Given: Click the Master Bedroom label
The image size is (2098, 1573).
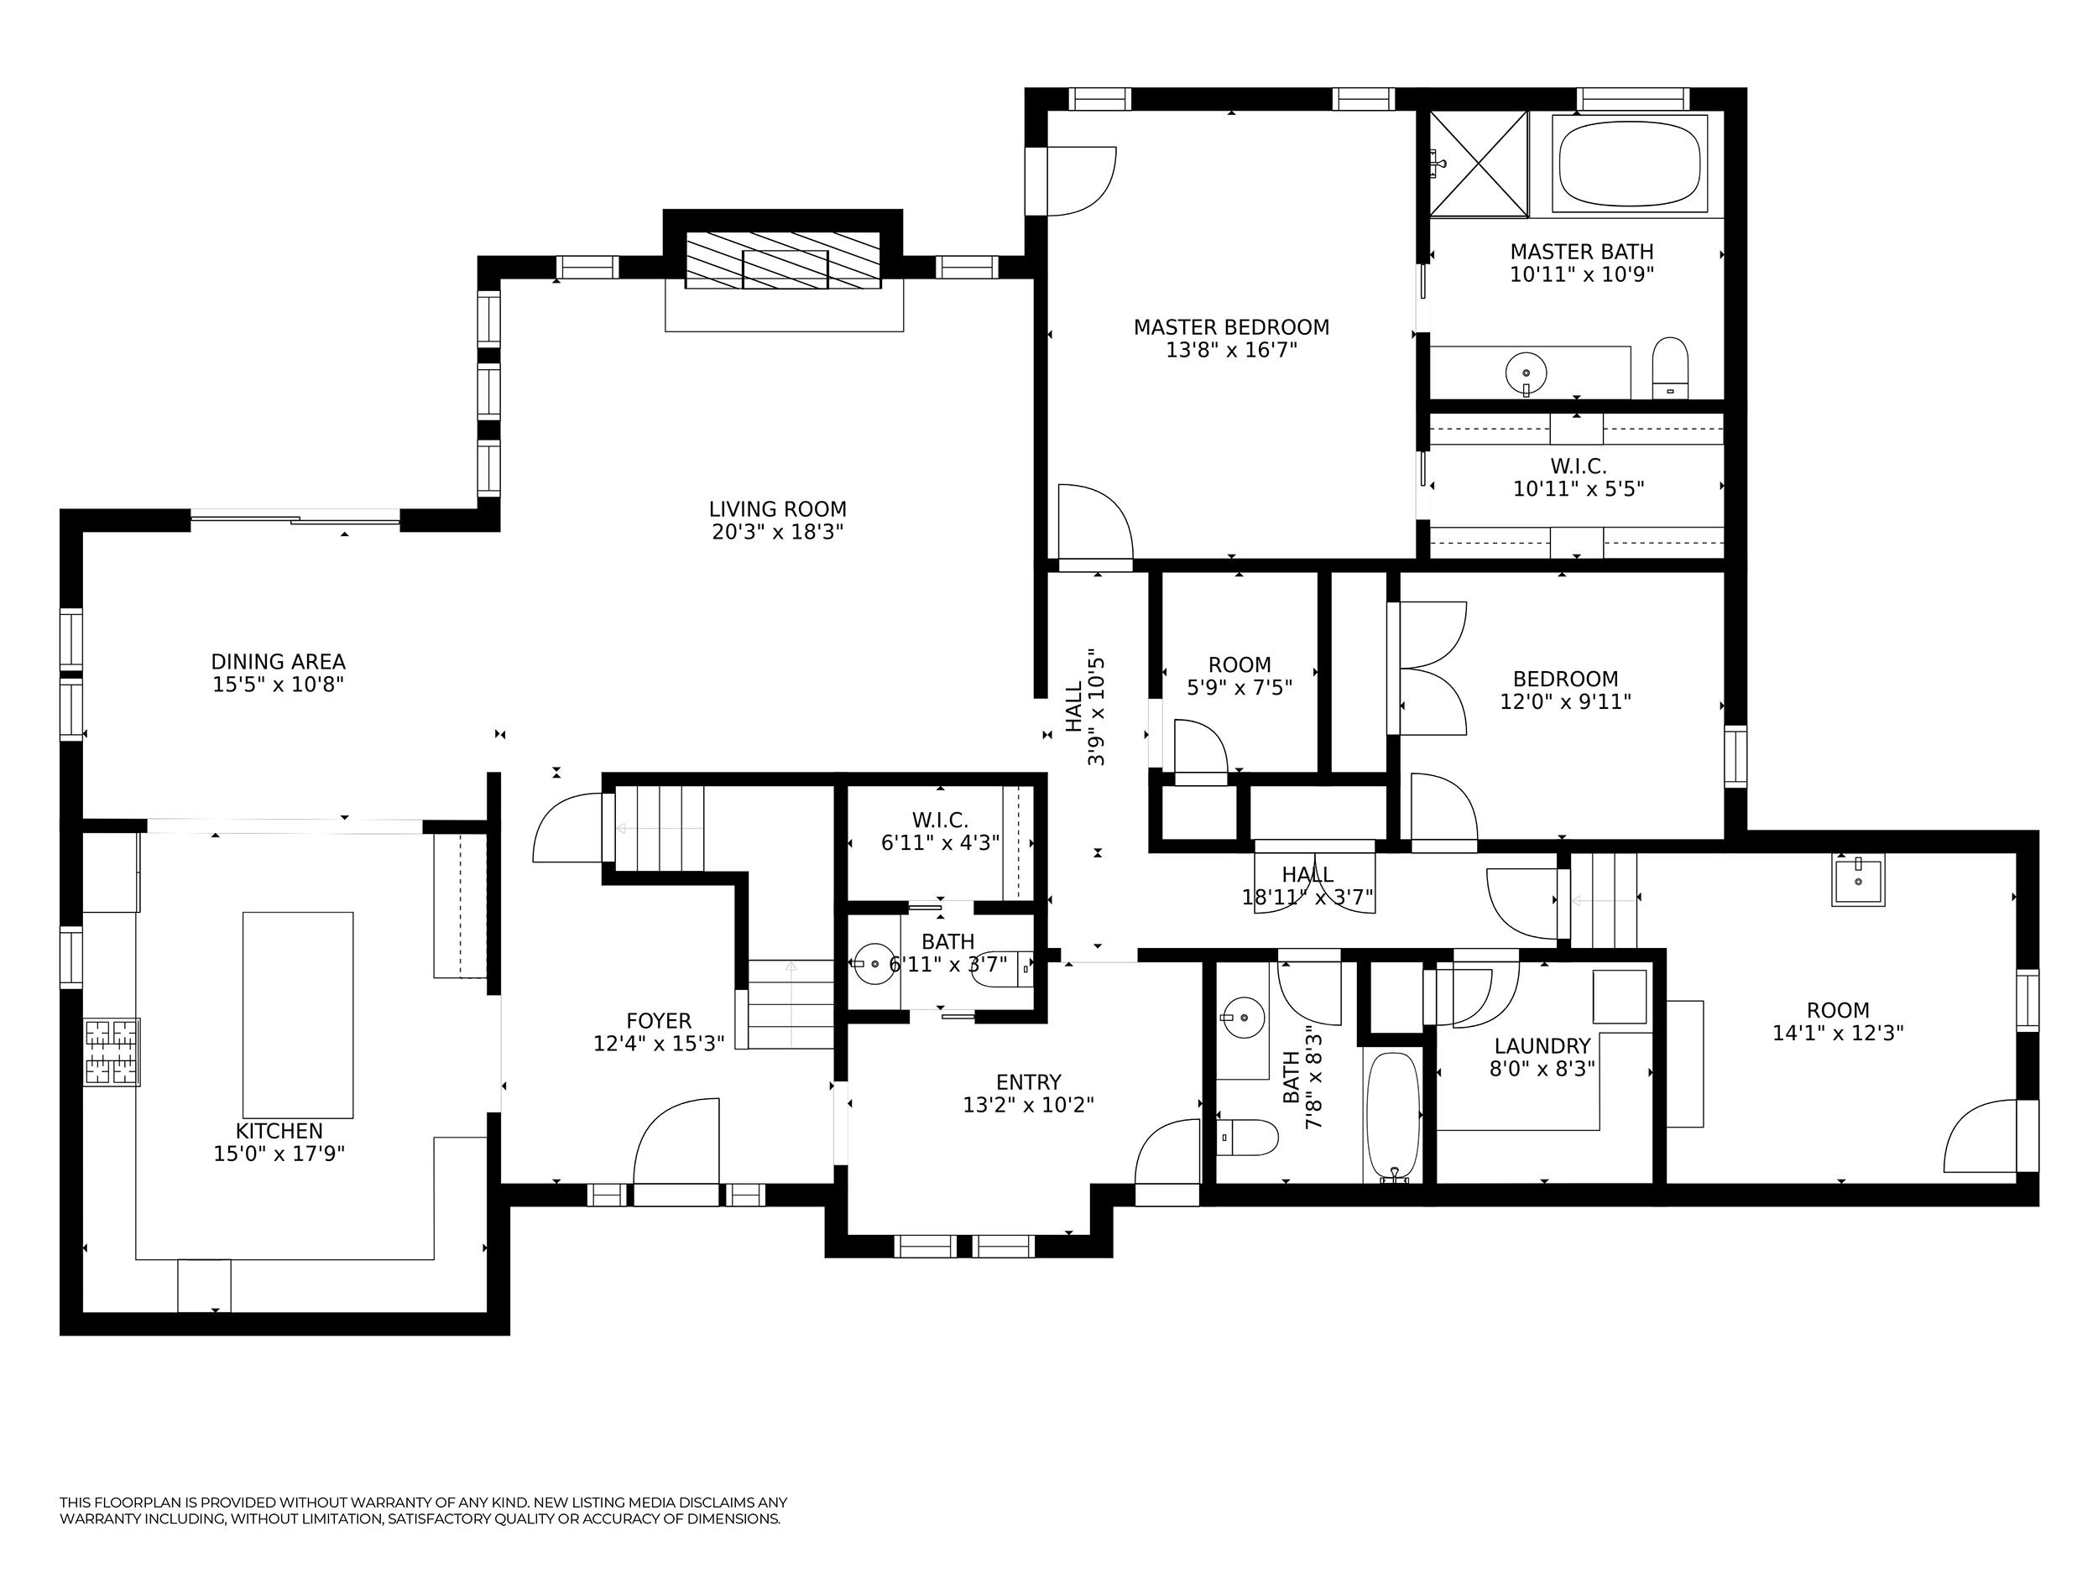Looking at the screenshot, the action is tap(1231, 327).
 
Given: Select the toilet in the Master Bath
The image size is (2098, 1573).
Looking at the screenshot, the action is tap(1670, 368).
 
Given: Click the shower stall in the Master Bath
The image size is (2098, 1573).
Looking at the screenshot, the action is tap(1479, 162).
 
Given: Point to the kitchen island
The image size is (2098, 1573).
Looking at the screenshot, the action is tap(298, 1014).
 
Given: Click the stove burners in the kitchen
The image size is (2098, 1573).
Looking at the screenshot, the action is tap(112, 1051).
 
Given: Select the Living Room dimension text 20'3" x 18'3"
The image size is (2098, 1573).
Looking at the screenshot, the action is tap(778, 532).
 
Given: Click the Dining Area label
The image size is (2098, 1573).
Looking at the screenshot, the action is tap(278, 662).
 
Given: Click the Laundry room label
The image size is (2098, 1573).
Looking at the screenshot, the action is tap(1542, 1046).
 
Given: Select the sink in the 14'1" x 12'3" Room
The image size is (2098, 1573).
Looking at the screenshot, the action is tap(1857, 880).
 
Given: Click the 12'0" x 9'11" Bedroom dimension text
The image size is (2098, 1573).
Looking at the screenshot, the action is tap(1565, 701).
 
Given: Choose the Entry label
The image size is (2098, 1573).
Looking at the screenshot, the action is tap(1029, 1082).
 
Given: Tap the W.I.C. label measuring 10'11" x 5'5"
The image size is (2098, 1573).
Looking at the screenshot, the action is tap(1579, 466).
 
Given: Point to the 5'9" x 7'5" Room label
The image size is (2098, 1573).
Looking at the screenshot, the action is tap(1239, 664).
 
